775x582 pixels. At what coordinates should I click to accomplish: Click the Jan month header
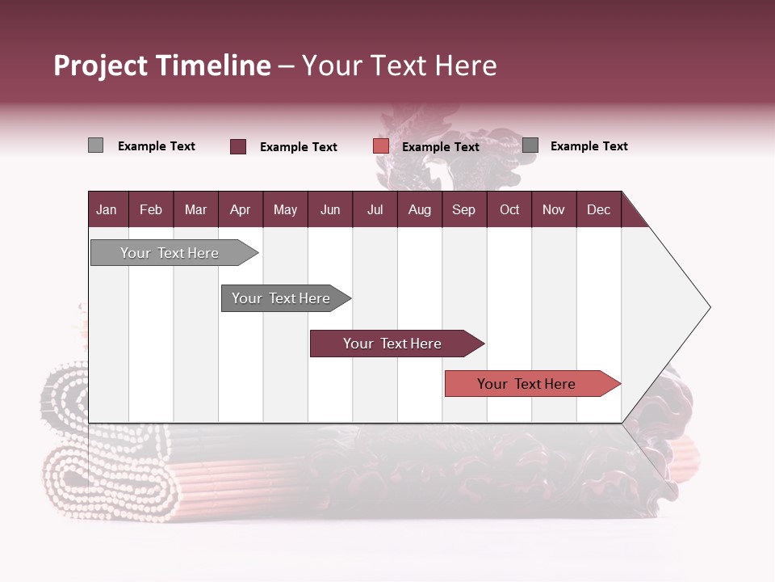(x=107, y=209)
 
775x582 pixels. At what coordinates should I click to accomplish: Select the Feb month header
(x=151, y=209)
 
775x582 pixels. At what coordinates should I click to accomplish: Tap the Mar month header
(x=195, y=209)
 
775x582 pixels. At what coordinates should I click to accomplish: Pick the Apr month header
(x=241, y=209)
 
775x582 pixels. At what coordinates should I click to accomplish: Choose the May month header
(x=285, y=209)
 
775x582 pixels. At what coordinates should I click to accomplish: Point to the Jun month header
(x=330, y=209)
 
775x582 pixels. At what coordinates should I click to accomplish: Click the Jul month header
(x=375, y=209)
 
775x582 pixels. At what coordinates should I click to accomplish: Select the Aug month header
(x=420, y=209)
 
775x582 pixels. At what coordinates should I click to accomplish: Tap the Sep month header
(x=464, y=209)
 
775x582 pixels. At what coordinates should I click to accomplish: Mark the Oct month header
(x=509, y=209)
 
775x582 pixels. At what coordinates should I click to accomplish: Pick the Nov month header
(x=554, y=209)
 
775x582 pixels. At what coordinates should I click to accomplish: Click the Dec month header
(x=599, y=209)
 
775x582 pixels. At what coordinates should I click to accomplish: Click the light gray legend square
(x=95, y=145)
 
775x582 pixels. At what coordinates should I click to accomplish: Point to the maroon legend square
(x=238, y=146)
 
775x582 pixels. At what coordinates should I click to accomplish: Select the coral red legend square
(x=381, y=146)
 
